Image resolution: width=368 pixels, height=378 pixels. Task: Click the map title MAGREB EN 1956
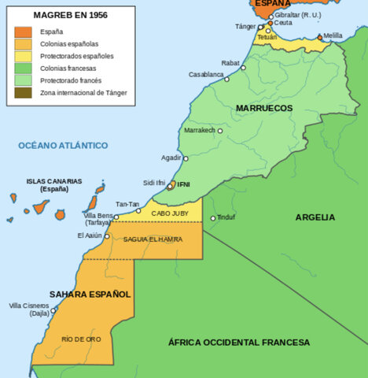tap(71, 15)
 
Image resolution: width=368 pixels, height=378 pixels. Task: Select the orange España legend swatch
tap(23, 31)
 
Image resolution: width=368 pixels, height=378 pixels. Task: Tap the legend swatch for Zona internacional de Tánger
tap(23, 93)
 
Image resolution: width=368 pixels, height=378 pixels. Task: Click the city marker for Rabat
tap(244, 68)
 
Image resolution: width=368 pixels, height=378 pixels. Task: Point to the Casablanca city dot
tap(226, 80)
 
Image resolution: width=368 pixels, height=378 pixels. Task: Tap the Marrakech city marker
tap(220, 131)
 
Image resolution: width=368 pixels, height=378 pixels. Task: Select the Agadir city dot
tap(186, 158)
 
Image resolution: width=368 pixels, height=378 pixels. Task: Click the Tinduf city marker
tap(212, 218)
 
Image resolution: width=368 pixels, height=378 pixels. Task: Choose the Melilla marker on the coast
tap(319, 37)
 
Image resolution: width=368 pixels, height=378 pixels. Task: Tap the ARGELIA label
tap(315, 217)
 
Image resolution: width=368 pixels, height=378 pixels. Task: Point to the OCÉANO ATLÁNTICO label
tap(63, 146)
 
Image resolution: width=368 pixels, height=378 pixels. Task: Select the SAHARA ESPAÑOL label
tap(90, 294)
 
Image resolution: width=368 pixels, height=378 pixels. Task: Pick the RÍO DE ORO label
tap(82, 338)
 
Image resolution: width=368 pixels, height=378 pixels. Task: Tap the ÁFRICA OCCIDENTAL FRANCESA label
tap(239, 343)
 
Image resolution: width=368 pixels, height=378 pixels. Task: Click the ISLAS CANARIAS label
tap(53, 184)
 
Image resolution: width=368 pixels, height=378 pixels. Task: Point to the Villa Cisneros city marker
tap(54, 309)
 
